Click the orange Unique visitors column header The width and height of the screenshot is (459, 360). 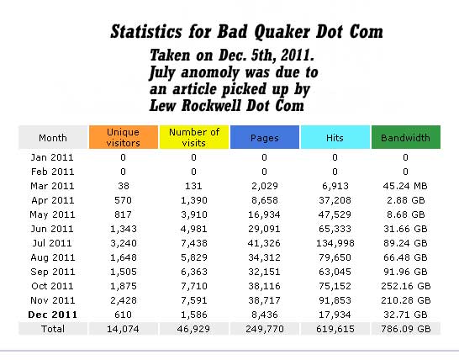(124, 137)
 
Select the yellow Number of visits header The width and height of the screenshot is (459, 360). (194, 137)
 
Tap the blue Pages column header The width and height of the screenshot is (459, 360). (265, 137)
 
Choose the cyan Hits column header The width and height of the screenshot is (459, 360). (335, 137)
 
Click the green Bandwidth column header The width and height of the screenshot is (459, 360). (406, 137)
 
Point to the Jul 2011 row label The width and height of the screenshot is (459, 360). (52, 243)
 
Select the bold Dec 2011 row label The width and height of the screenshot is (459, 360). (53, 315)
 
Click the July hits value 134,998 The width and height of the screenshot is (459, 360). (335, 243)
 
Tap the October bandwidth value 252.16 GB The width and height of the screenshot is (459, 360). (406, 286)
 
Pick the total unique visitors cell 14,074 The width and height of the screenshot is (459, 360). (124, 329)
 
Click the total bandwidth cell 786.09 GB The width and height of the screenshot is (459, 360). (406, 329)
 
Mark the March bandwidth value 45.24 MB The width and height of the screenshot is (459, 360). (405, 186)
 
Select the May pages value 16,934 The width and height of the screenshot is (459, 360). (264, 214)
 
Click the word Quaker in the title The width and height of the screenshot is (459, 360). (282, 31)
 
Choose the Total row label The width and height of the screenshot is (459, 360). (53, 329)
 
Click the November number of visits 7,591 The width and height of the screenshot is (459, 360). (194, 300)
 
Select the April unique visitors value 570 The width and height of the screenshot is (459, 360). (123, 200)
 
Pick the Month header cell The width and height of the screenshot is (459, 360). (53, 137)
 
